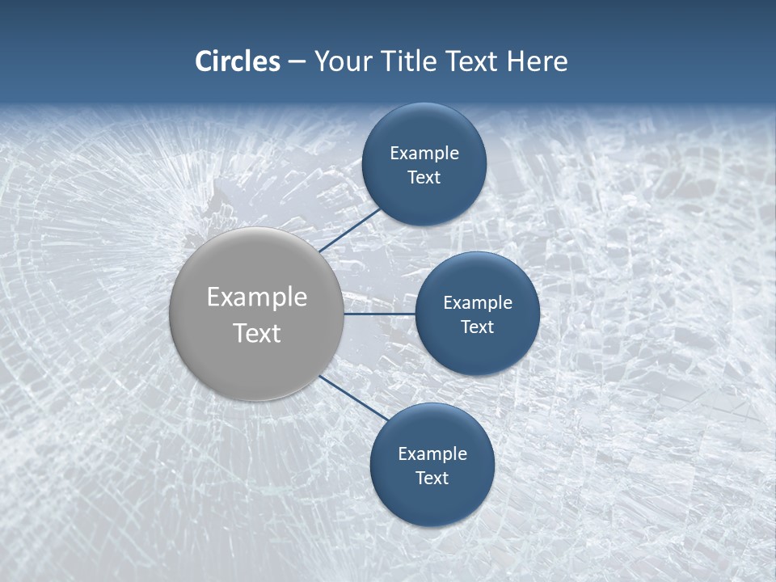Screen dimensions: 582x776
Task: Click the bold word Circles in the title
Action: click(237, 61)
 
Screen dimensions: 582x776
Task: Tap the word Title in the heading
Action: click(410, 61)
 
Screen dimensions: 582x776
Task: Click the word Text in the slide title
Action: click(473, 61)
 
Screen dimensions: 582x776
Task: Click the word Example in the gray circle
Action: click(257, 297)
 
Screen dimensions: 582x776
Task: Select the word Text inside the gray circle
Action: click(257, 333)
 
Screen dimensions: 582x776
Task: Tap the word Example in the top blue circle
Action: click(424, 154)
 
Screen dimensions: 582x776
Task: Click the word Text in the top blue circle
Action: click(424, 178)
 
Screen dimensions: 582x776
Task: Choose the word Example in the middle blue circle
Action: click(478, 303)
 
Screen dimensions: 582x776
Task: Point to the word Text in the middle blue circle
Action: click(477, 327)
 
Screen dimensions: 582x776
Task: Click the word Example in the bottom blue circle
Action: click(432, 454)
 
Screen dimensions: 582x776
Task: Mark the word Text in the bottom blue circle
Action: click(432, 478)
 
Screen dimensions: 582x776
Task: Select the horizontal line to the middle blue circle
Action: click(380, 314)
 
